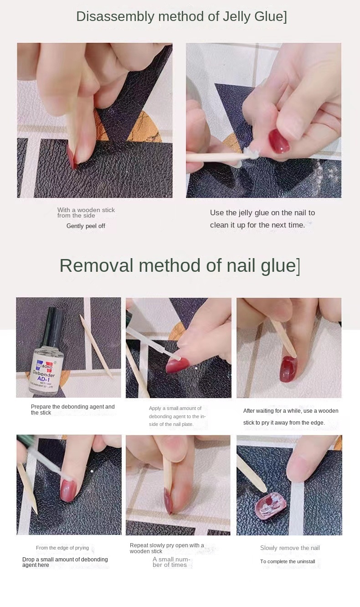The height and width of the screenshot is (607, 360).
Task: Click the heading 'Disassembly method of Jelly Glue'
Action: (181, 16)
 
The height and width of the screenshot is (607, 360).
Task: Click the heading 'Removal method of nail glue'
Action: (179, 265)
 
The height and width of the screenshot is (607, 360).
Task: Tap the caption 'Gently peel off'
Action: (86, 226)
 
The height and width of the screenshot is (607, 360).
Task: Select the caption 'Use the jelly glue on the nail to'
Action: (262, 213)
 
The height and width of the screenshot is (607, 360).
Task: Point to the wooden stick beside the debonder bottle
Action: (96, 346)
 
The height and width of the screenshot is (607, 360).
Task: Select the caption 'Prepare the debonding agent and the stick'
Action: (72, 410)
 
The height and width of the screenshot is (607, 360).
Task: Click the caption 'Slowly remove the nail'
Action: (290, 548)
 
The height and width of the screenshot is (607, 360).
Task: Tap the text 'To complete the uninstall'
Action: (288, 562)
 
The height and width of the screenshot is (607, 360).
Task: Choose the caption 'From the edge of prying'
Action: (62, 548)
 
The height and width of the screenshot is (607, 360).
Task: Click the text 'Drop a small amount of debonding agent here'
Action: (65, 562)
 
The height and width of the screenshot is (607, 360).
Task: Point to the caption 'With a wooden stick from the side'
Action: (86, 213)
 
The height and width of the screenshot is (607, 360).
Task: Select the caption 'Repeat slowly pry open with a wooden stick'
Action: (167, 548)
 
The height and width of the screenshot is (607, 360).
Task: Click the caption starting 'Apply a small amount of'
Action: (177, 416)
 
